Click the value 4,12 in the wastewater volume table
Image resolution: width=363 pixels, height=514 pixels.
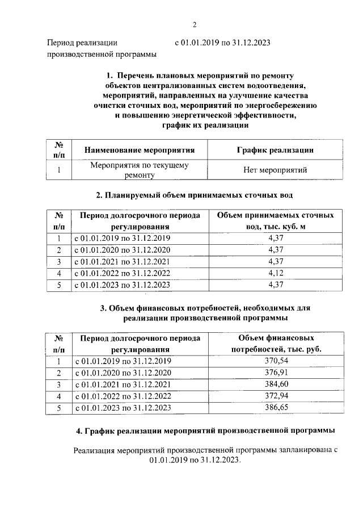point(275,273)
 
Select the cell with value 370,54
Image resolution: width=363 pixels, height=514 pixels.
point(276,361)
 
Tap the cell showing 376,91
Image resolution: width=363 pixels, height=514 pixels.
point(276,373)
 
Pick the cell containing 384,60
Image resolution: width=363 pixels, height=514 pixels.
point(276,385)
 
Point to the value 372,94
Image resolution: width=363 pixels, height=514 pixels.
point(276,396)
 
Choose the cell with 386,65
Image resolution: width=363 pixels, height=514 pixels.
point(276,408)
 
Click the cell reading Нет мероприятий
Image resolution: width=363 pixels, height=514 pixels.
point(275,170)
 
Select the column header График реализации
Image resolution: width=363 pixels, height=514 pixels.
point(275,150)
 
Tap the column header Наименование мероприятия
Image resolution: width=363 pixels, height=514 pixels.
point(140,150)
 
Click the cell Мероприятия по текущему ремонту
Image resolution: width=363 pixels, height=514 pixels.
point(140,170)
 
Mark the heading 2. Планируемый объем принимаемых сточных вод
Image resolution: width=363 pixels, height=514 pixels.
point(194,196)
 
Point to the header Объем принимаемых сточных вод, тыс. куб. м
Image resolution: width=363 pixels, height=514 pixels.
point(275,220)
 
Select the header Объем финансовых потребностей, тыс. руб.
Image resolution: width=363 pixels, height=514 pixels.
point(276,343)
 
